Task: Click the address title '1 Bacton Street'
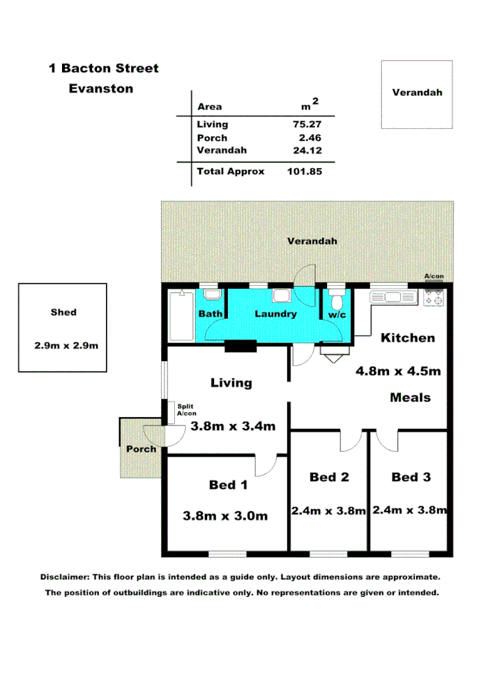click(103, 68)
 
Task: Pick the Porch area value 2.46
click(311, 137)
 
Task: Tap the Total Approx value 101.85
click(304, 171)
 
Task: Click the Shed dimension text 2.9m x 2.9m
click(62, 346)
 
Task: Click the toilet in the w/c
click(337, 301)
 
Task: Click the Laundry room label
click(275, 314)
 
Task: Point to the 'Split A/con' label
click(187, 409)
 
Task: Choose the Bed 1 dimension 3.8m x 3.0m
click(225, 516)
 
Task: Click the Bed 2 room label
click(328, 478)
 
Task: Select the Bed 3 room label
click(411, 478)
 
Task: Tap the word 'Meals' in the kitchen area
click(410, 397)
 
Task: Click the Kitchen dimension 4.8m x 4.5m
click(398, 371)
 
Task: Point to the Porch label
click(141, 449)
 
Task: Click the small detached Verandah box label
click(417, 92)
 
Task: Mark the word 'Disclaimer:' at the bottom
click(65, 577)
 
